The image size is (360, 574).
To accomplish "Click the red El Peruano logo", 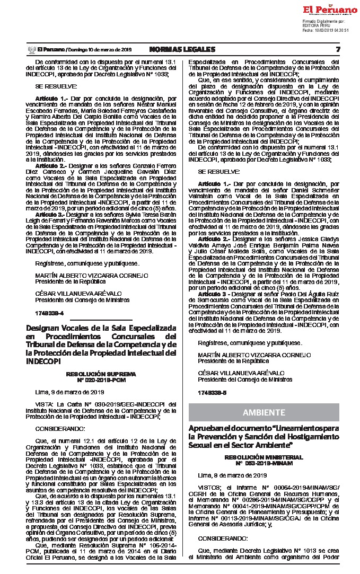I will [x=330, y=10].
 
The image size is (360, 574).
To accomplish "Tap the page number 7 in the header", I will [x=337, y=49].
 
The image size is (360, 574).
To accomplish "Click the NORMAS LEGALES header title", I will [x=182, y=49].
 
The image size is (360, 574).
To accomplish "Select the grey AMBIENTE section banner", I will [x=264, y=412].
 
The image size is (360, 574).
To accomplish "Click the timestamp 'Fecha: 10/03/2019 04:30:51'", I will [x=326, y=30].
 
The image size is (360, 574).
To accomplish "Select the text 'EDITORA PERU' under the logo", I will [x=315, y=25].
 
